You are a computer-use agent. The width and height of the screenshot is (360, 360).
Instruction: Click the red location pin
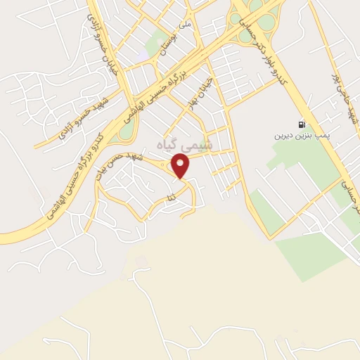tap(182, 166)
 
